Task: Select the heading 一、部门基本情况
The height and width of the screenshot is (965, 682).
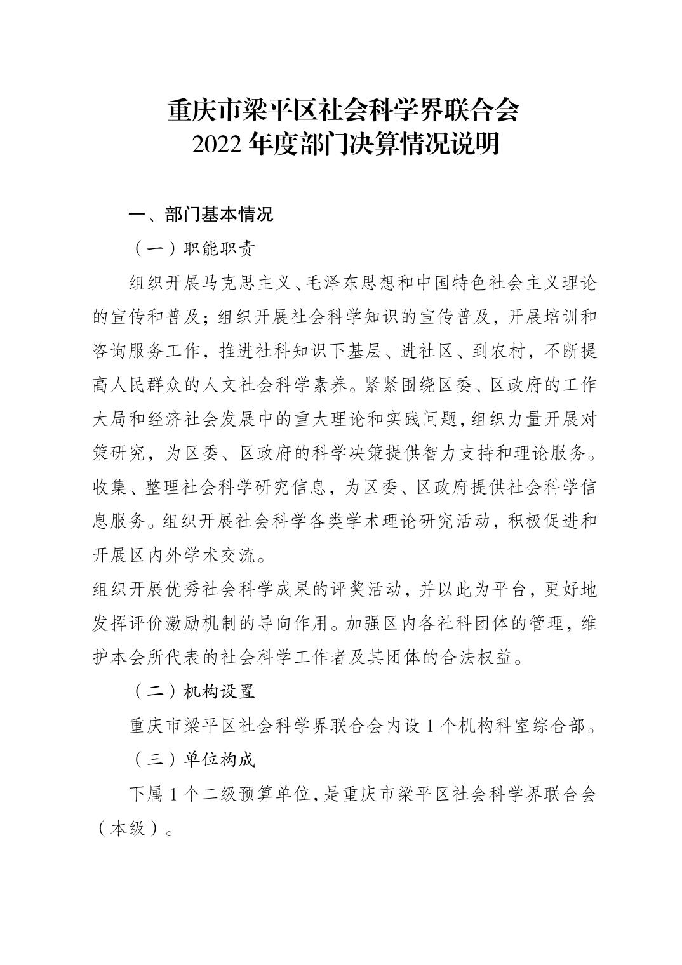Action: (201, 215)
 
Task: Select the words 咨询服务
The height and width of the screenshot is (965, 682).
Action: (128, 351)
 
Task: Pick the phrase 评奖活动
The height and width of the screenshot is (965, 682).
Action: (364, 590)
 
